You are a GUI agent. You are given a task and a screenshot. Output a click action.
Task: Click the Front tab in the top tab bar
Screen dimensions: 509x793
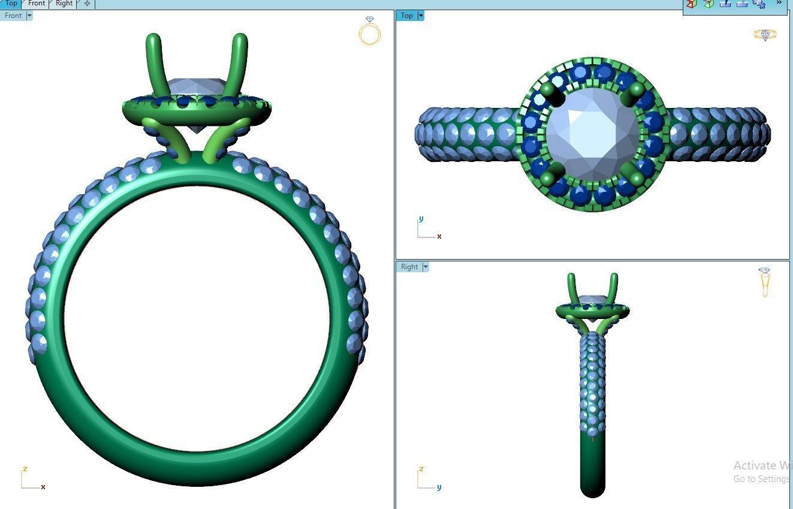37,4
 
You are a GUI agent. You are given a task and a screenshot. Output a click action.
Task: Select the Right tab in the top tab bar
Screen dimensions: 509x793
64,4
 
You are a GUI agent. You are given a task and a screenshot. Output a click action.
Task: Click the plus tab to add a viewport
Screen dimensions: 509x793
87,4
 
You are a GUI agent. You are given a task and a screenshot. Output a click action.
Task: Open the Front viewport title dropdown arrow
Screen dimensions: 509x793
29,16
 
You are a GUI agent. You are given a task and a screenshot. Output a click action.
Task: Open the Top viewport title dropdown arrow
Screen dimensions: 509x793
421,16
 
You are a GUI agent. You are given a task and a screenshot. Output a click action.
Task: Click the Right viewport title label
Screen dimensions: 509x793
409,267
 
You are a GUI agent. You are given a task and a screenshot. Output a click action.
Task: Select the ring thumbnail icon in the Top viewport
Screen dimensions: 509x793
765,35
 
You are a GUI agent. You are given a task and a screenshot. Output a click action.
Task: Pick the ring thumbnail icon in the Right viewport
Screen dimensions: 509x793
764,282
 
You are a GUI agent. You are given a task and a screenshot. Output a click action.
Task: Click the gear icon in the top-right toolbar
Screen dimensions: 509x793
759,4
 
